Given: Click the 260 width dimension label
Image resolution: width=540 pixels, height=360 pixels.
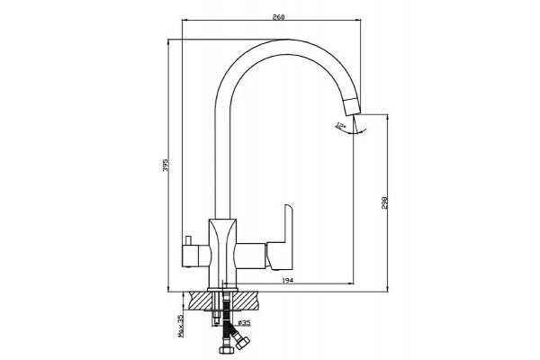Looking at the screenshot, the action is pyautogui.click(x=278, y=17).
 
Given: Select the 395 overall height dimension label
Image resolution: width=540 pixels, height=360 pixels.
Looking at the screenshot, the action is pyautogui.click(x=166, y=166).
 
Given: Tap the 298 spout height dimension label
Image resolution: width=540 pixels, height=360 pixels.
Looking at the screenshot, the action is pyautogui.click(x=384, y=202).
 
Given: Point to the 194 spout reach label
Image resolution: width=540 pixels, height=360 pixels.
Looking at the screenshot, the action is pyautogui.click(x=288, y=281).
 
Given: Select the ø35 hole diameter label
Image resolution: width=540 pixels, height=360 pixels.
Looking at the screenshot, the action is pyautogui.click(x=244, y=323).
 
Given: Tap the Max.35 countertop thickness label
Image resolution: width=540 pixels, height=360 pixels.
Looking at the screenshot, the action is pyautogui.click(x=181, y=327).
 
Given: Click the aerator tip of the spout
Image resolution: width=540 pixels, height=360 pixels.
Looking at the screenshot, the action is pyautogui.click(x=351, y=106).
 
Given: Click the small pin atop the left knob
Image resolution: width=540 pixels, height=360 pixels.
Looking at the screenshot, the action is pyautogui.click(x=188, y=240).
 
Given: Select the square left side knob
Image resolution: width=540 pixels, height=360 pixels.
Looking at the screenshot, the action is pyautogui.click(x=191, y=256).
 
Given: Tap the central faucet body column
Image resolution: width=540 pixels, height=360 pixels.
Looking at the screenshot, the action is pyautogui.click(x=222, y=253).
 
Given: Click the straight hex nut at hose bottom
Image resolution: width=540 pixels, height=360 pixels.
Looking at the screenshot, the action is pyautogui.click(x=227, y=349).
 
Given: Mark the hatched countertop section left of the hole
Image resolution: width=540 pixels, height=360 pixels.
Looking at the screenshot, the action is pyautogui.click(x=198, y=301).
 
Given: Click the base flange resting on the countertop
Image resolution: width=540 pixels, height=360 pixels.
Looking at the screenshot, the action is pyautogui.click(x=222, y=290).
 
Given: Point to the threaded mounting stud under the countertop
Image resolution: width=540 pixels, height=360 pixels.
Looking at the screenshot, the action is pyautogui.click(x=216, y=309).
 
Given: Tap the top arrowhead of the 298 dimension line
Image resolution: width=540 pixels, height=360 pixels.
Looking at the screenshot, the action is pyautogui.click(x=388, y=117).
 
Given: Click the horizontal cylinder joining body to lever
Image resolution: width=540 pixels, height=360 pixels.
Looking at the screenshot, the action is pyautogui.click(x=250, y=256).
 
